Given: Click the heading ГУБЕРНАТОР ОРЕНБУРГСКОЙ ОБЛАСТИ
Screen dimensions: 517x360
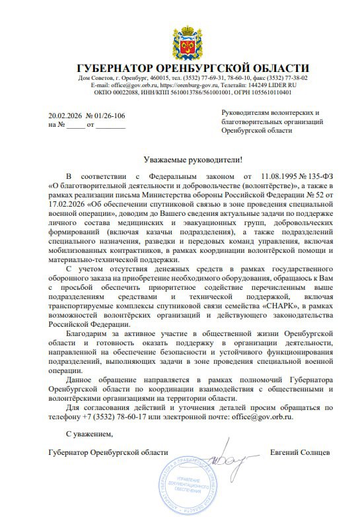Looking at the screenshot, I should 192,68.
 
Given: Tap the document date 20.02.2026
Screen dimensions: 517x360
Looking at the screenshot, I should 64,116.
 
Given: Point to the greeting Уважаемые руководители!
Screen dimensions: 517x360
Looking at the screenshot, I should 193,160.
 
